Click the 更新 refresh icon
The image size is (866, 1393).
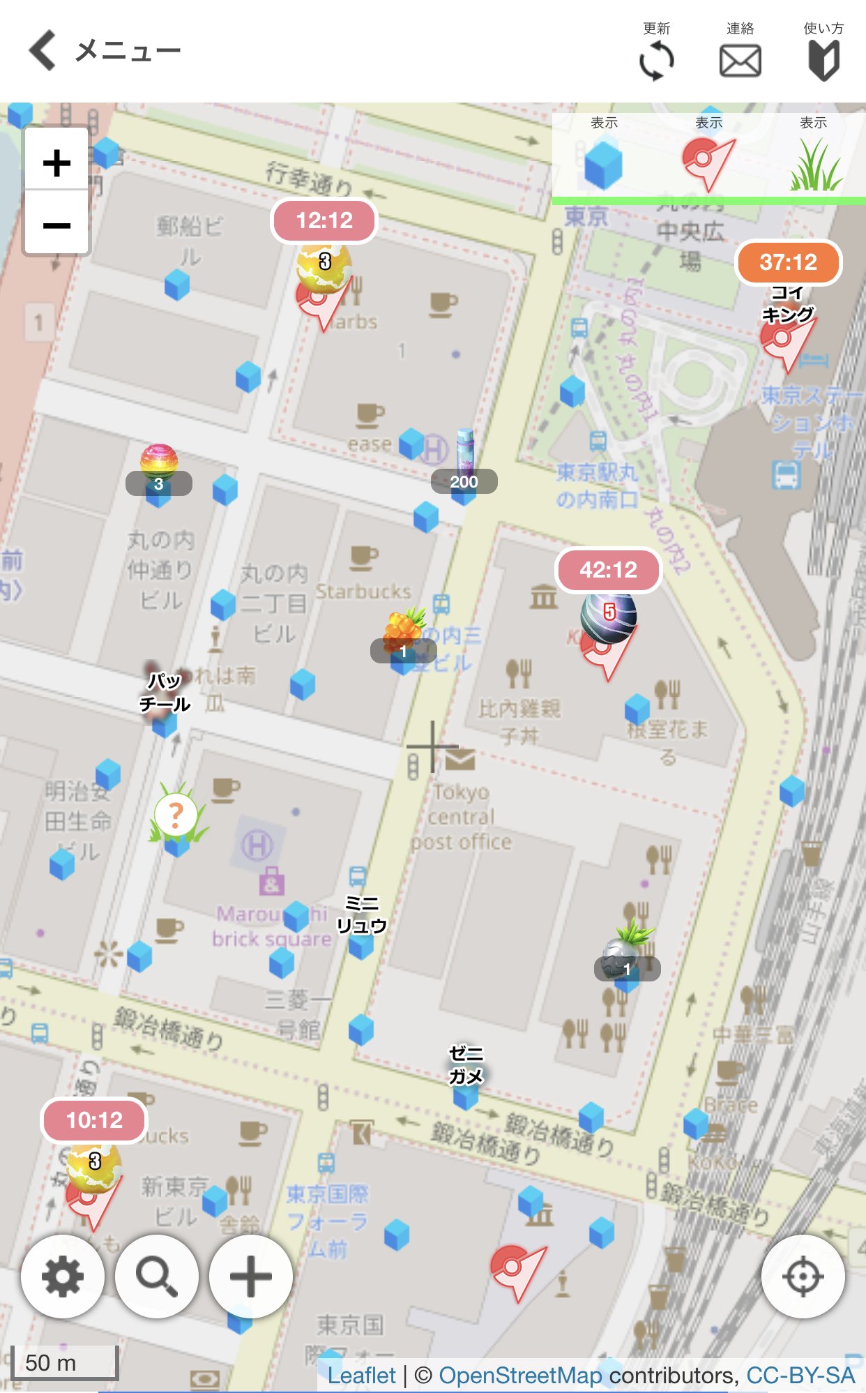656,61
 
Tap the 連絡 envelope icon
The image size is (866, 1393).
740,61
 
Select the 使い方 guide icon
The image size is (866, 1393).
823,61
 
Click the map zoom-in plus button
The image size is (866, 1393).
56,163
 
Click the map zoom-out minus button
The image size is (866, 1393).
56,225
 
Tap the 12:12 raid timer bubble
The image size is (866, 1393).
324,221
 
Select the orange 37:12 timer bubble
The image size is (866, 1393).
788,262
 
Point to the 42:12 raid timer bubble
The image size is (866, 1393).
608,571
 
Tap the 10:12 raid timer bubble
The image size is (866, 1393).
94,1120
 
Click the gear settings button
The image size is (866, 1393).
63,1277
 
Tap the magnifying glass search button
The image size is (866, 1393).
157,1277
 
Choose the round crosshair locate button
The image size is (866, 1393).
803,1277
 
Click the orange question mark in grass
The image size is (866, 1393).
176,815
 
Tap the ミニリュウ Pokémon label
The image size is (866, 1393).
361,914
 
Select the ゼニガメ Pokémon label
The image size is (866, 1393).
466,1064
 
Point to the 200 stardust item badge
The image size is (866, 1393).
464,481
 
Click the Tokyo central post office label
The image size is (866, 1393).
461,817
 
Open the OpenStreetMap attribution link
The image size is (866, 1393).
519,1376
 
